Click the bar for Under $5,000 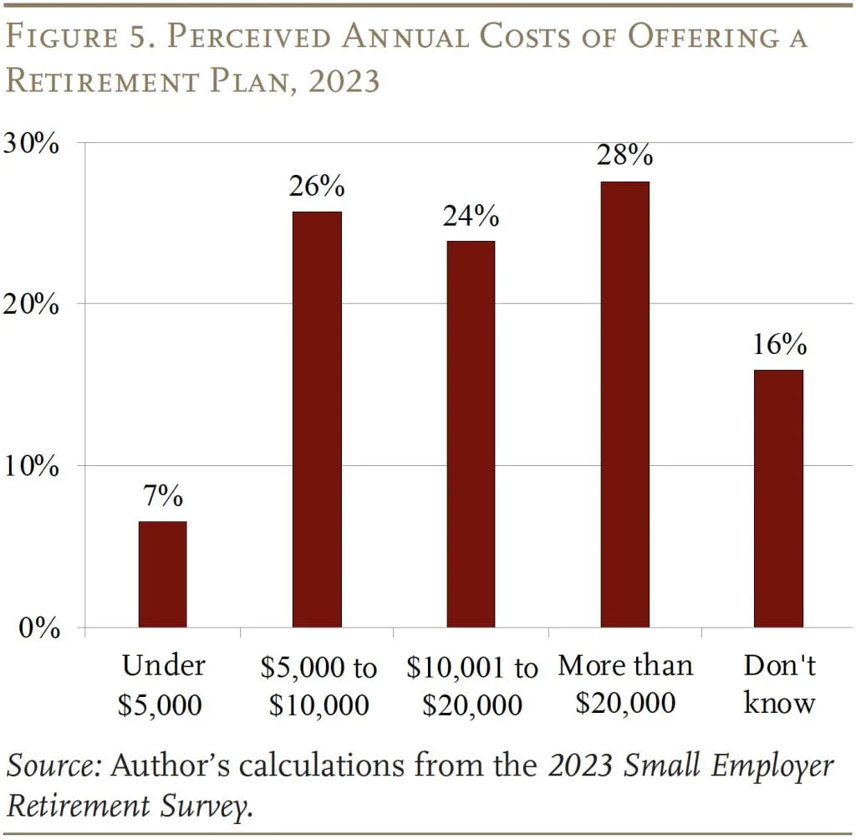162,574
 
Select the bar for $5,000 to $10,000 316,419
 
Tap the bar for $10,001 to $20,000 470,433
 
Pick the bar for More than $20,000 624,404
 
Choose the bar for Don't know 778,498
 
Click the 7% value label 162,496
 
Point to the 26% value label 316,187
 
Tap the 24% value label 470,216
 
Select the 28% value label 624,156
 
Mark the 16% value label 778,345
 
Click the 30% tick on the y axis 31,143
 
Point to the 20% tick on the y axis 31,305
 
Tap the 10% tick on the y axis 31,466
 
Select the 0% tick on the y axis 38,627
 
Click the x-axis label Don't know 778,684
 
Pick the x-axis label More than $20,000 625,684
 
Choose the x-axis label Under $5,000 162,684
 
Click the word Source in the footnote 53,766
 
